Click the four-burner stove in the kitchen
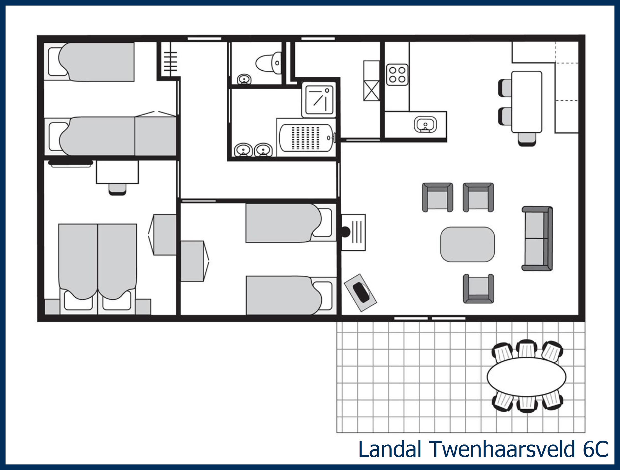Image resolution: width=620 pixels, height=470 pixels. [397, 75]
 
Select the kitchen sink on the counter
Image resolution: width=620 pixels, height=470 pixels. [425, 124]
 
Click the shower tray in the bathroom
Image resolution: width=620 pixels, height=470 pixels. [319, 100]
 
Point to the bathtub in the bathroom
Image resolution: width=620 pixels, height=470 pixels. [306, 138]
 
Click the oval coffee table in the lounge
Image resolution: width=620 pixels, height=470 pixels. [467, 244]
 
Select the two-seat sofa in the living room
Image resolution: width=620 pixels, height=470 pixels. [537, 239]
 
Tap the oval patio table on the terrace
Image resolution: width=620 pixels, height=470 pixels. [526, 377]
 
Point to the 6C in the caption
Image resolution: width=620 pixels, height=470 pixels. [595, 449]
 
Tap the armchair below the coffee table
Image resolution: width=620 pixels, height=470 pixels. [478, 289]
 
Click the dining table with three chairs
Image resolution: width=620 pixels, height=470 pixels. [526, 102]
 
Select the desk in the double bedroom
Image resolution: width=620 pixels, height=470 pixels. [117, 172]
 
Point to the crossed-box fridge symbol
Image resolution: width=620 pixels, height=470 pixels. [371, 91]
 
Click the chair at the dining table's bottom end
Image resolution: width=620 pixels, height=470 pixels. [527, 139]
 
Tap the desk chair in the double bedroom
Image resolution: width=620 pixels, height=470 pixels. [117, 189]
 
